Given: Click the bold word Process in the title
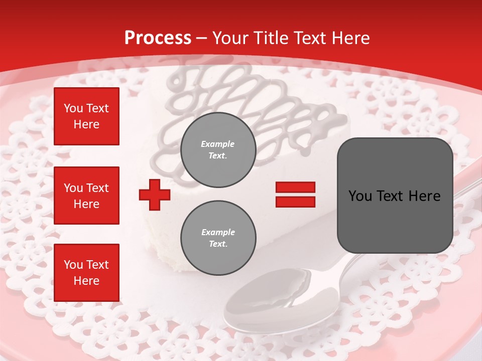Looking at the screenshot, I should pos(158,38).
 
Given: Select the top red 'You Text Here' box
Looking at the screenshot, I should pos(86,116).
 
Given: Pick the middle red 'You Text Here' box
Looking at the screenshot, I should pos(86,196).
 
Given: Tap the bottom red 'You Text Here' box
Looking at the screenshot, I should pos(86,272).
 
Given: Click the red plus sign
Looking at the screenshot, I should pos(155,195).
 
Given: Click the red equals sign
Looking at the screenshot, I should pos(295,195).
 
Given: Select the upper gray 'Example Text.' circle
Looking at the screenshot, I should pos(218,149).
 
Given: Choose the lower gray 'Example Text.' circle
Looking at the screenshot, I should pos(218,238).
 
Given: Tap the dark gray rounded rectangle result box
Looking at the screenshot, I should pos(395,196).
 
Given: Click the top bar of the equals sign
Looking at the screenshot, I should pos(295,188).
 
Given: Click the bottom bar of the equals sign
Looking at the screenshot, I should pos(295,202).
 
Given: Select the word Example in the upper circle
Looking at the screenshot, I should pos(218,144).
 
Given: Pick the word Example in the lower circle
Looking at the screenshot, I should pos(218,232).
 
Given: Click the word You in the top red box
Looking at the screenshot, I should pos(73,108).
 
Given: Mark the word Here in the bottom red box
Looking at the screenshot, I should pos(86,281).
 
